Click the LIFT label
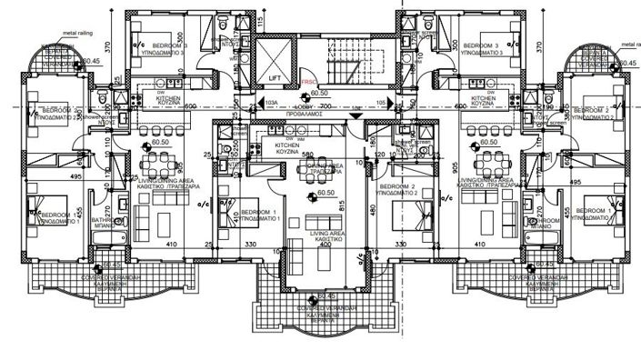click(274, 78)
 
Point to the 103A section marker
click(270, 104)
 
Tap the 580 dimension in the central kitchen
click(307, 155)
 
